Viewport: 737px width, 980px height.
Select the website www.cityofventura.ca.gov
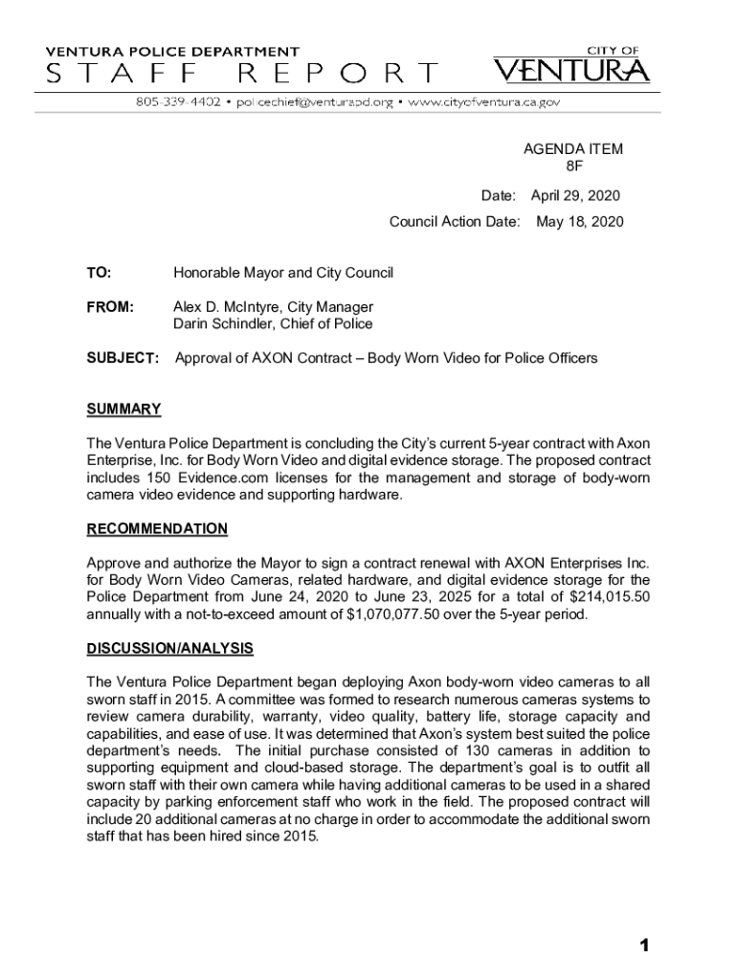coord(483,101)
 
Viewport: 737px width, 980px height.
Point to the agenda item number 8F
coord(572,167)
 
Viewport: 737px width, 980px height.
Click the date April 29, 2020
coord(575,196)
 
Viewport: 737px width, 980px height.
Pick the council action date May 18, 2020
coord(579,222)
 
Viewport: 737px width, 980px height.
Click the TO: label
coord(99,274)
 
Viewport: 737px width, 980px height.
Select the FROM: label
coord(110,307)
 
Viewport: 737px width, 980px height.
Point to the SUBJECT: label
coord(123,358)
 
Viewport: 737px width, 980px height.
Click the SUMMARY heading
coord(123,410)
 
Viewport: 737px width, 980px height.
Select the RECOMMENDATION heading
coord(157,529)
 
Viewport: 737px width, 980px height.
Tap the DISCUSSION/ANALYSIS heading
coord(169,649)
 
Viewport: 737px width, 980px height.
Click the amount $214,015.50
coord(601,596)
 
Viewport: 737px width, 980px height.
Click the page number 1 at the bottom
coord(645,947)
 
